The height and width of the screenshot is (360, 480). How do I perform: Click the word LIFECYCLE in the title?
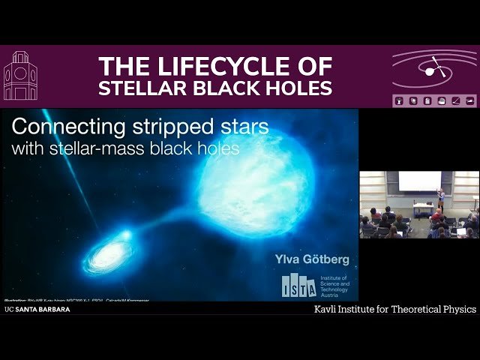(x=256, y=65)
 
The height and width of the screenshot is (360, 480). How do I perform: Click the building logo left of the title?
(x=19, y=76)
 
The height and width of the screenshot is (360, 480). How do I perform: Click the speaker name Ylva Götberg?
(x=312, y=260)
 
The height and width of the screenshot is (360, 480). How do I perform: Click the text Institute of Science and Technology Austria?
(x=334, y=286)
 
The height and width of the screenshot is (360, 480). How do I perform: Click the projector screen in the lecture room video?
(x=419, y=181)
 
